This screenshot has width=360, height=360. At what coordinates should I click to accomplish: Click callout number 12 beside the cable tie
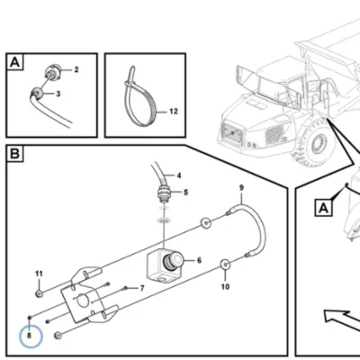174,112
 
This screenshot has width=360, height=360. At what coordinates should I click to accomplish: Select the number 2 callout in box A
76,70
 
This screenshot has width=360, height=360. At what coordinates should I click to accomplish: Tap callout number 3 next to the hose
58,94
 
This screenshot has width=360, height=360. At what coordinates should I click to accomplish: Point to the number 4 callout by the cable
179,175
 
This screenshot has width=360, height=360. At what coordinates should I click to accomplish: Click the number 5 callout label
185,192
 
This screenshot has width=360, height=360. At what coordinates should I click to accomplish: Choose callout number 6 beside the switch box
199,260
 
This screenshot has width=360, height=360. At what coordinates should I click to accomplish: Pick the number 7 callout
142,288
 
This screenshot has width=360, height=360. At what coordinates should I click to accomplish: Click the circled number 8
29,336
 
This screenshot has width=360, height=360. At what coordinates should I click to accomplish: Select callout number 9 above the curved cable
241,188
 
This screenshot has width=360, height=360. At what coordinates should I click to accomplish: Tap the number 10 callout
225,287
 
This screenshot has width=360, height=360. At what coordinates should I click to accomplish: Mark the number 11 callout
39,274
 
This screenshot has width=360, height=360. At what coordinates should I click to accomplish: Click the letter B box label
14,154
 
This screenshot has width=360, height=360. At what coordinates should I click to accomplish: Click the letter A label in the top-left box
14,62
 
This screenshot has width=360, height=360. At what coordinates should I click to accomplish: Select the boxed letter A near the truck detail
323,208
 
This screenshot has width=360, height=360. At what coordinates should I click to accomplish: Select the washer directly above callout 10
225,265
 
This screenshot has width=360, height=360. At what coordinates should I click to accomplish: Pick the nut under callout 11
39,293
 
